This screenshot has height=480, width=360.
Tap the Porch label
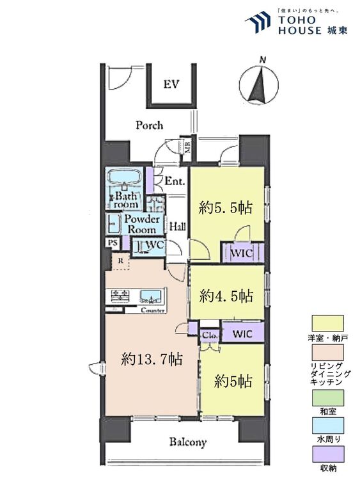[x=149, y=125]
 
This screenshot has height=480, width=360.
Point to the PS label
[x=113, y=243]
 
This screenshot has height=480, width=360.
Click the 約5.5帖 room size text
[x=225, y=207]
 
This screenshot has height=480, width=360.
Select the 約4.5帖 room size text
[x=226, y=296]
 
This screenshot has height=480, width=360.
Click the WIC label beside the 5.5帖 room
[x=242, y=253]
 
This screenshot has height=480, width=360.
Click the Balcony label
[x=188, y=442]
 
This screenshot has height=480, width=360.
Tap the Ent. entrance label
[x=174, y=182]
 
